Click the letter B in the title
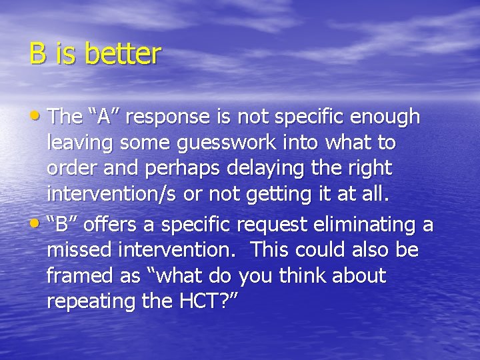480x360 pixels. point(37,55)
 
